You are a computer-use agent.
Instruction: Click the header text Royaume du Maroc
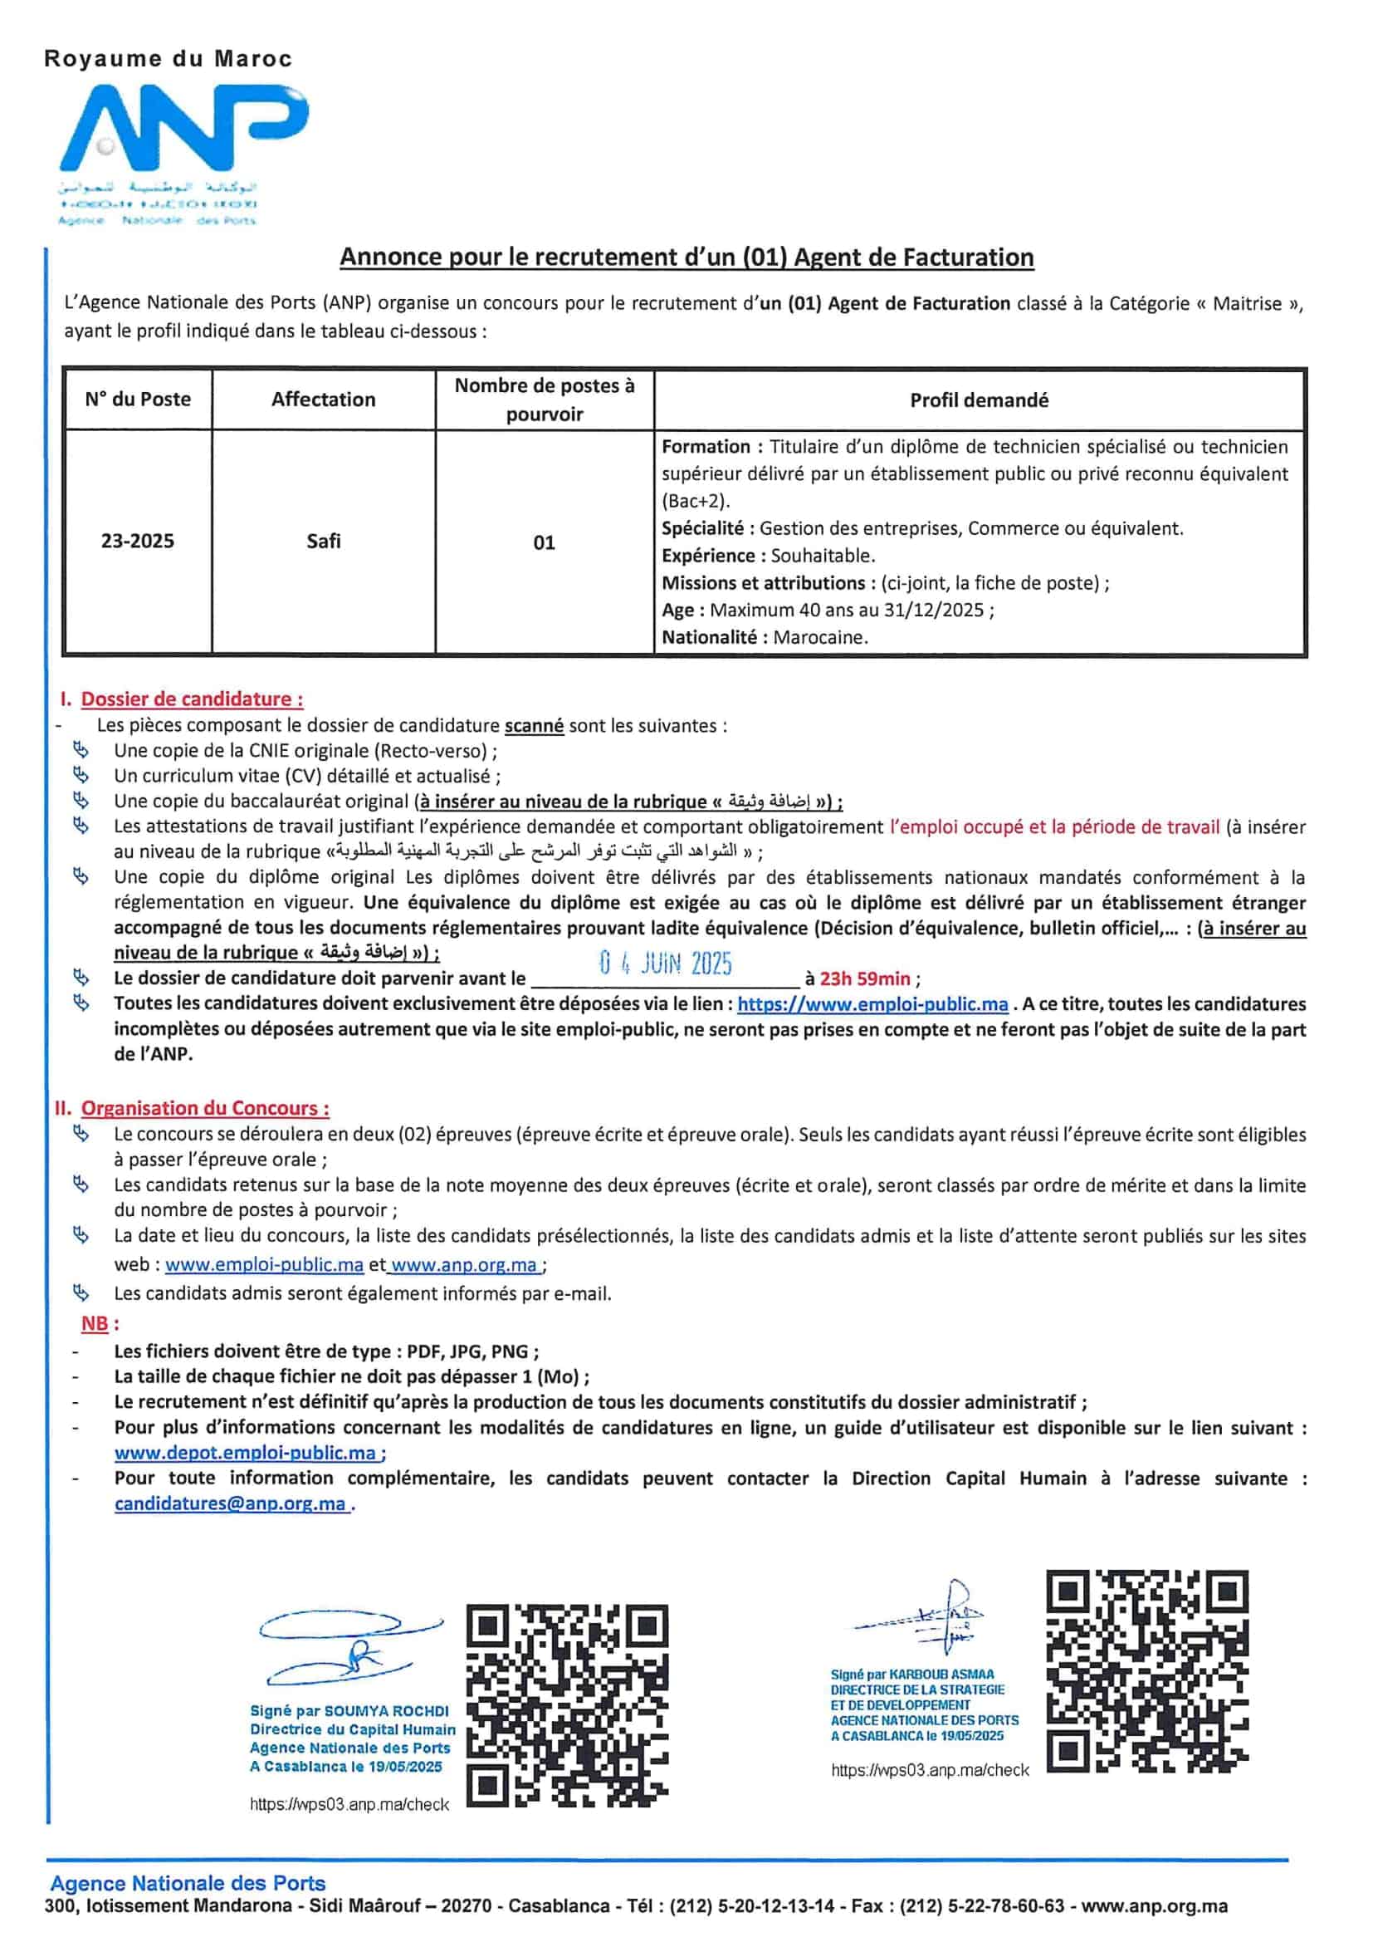click(x=168, y=59)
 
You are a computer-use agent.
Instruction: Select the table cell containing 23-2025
click(x=137, y=542)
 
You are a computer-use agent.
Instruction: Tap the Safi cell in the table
click(x=323, y=542)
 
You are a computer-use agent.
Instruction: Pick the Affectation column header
click(x=323, y=400)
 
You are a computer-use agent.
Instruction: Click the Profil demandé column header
click(x=979, y=400)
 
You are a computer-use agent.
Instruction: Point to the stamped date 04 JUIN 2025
click(x=666, y=964)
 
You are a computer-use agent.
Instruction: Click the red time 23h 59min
click(x=865, y=978)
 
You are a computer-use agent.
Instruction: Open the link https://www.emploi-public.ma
click(x=872, y=1004)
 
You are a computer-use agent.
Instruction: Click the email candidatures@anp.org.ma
click(x=231, y=1503)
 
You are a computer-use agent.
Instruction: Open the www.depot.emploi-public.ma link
click(x=246, y=1452)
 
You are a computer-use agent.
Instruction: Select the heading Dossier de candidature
click(x=191, y=699)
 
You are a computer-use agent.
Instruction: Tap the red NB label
click(x=95, y=1323)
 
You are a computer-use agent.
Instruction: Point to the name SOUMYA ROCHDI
click(x=387, y=1711)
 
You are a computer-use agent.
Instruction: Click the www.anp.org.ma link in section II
click(x=465, y=1264)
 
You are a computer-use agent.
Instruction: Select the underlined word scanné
click(x=534, y=725)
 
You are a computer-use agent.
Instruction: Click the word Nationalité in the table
click(x=708, y=637)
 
